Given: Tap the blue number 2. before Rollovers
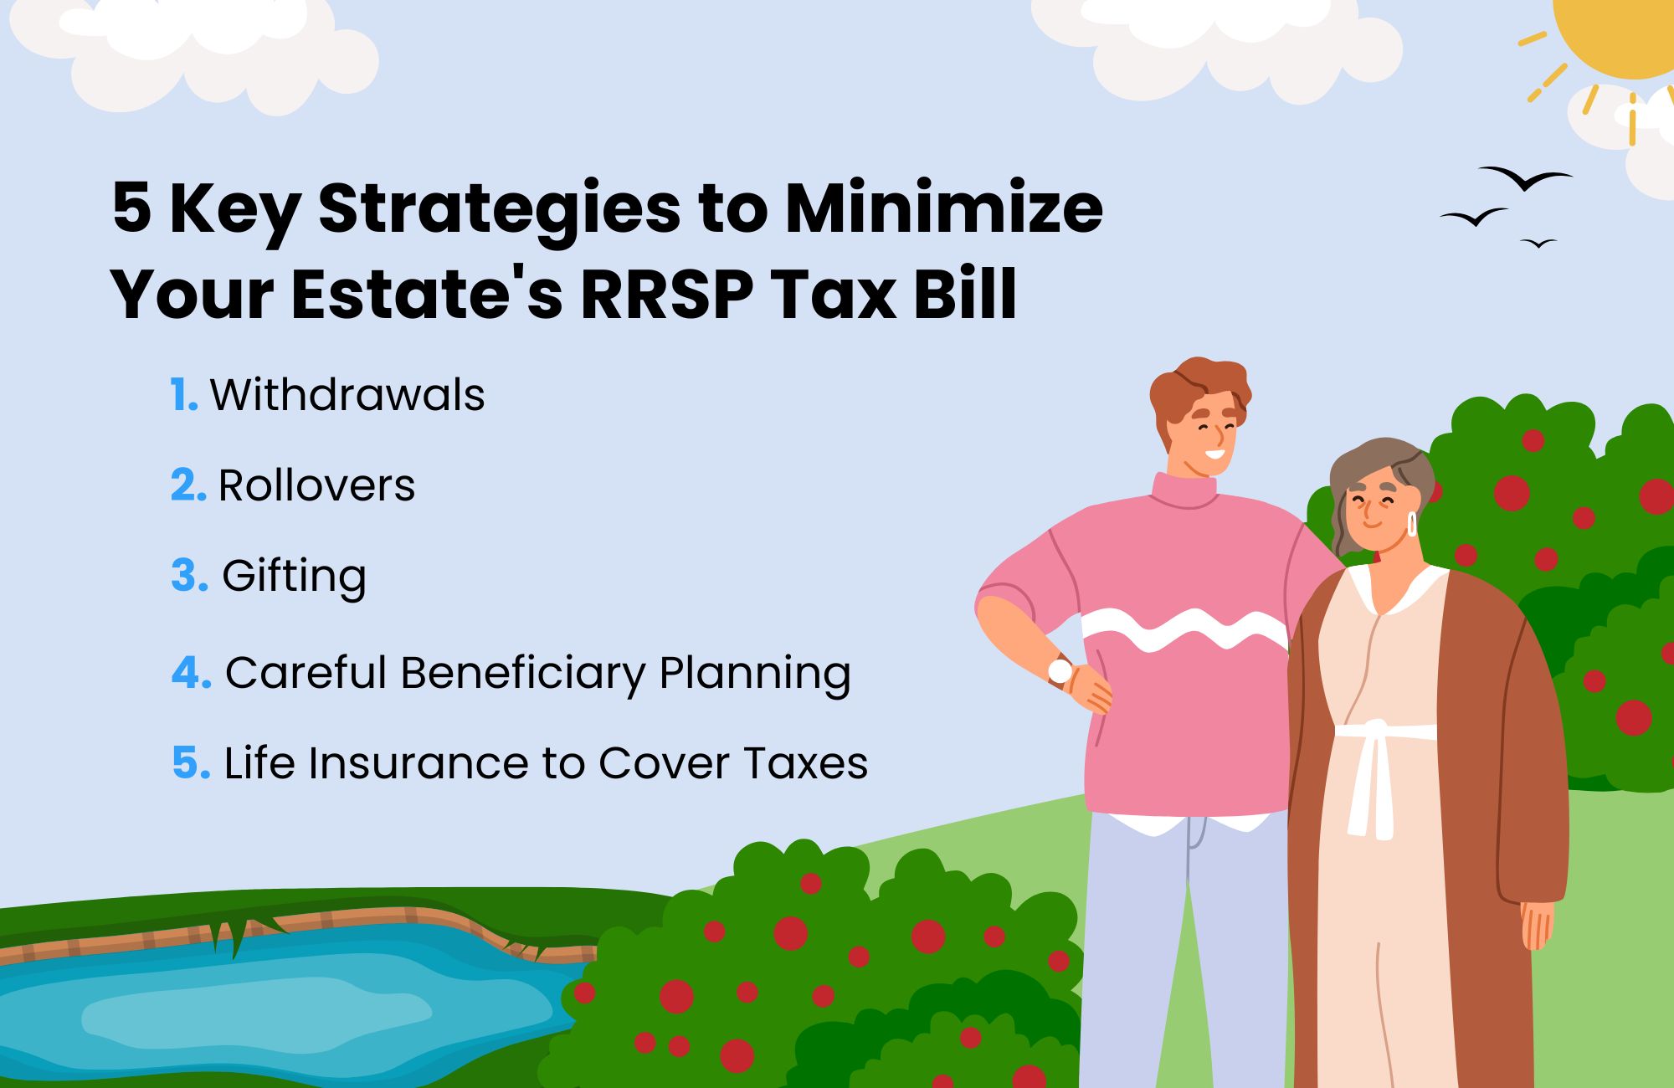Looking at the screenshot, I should coord(187,485).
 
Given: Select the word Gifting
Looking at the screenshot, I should coord(294,576).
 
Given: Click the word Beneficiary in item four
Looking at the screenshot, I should coord(522,673).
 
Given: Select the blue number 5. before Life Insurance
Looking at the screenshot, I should coord(190,763).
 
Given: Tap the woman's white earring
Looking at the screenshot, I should coord(1412,525).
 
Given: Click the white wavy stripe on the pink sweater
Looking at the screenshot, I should coord(1184,629).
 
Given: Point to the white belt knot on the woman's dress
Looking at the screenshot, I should coord(1373,730).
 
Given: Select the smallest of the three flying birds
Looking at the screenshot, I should coord(1538,244).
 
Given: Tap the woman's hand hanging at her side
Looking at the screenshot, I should coord(1537,925).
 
